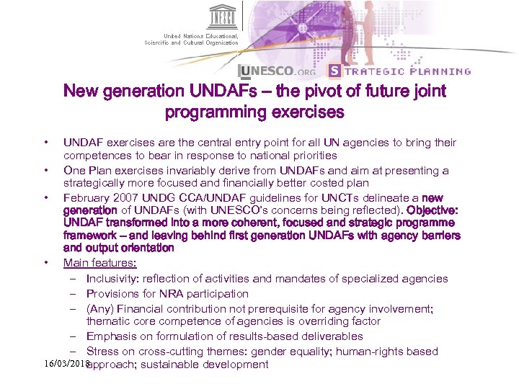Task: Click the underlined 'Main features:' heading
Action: pos(99,263)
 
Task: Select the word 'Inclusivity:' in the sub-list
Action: pos(115,279)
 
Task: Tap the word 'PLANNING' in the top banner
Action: pos(440,71)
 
